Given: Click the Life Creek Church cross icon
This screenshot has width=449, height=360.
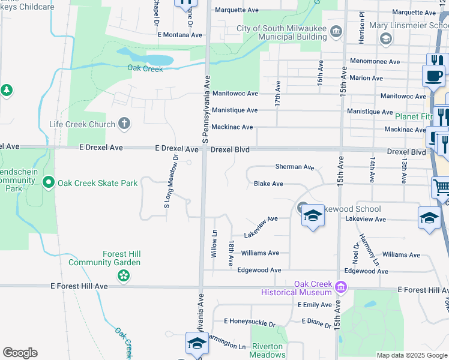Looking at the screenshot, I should [124, 124].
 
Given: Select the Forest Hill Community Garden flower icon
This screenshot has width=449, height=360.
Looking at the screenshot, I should [123, 275].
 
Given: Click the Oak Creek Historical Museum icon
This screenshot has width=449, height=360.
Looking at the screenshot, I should [341, 287].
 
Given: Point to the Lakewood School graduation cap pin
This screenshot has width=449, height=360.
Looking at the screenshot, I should [312, 215].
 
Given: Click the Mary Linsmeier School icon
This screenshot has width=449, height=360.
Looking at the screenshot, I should [385, 38].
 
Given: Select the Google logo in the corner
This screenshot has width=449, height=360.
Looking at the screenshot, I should [20, 353].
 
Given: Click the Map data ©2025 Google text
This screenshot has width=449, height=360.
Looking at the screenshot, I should [411, 355].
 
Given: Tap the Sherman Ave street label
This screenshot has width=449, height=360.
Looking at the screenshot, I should [295, 167].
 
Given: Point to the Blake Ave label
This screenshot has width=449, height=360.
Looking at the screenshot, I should [268, 184].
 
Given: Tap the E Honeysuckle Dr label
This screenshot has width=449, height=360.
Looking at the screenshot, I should [249, 322].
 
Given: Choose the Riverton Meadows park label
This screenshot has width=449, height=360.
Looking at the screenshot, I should [267, 350].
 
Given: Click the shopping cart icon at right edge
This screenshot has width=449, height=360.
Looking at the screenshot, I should [441, 187].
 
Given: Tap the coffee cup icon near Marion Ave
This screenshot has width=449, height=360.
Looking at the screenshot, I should [433, 76].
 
